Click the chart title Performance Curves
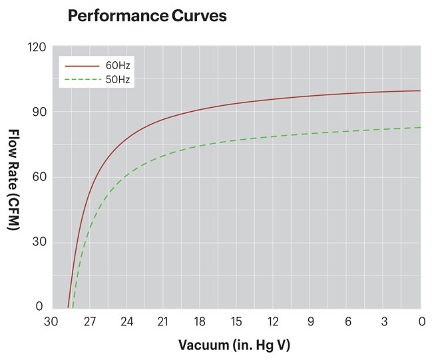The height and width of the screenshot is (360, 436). coord(147,17)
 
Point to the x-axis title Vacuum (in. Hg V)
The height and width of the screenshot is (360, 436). coord(234,345)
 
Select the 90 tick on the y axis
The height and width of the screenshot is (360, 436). coord(38,112)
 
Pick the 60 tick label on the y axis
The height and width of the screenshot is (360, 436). coord(38,177)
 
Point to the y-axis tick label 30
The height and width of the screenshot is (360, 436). coord(38,242)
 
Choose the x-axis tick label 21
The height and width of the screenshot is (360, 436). coord(162,321)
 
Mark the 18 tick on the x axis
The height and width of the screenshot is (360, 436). coord(199,321)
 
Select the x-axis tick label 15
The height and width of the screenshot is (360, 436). coord(236,321)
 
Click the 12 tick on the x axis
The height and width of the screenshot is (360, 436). coord(273,321)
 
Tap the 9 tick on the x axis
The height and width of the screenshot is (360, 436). coord(310,321)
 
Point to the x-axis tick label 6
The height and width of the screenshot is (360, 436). coord(347,321)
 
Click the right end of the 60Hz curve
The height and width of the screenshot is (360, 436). coord(420,91)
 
